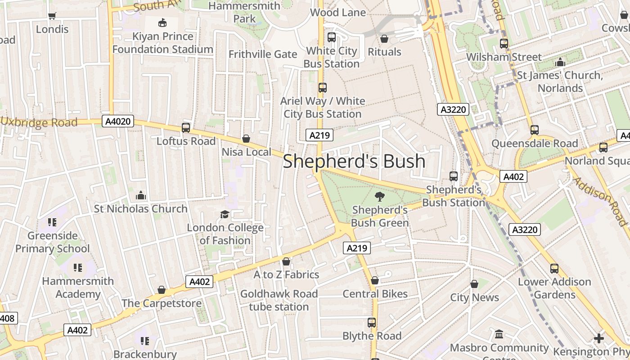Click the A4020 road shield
[119, 121]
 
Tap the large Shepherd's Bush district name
[354, 161]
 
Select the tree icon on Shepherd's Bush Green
[379, 196]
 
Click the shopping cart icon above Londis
[52, 16]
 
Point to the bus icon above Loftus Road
[186, 128]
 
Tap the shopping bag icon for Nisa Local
[246, 139]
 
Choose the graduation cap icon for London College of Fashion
[225, 214]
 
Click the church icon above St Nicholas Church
[140, 195]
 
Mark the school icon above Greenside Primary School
[52, 222]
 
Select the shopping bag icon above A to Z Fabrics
[286, 261]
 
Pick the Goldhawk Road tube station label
[279, 300]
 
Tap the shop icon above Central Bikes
[375, 281]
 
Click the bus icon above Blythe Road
[372, 323]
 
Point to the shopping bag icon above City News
[474, 284]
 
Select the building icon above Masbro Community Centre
[499, 334]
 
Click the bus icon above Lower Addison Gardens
[554, 269]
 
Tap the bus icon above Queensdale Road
[535, 130]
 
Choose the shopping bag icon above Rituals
[384, 39]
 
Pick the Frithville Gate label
[263, 54]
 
